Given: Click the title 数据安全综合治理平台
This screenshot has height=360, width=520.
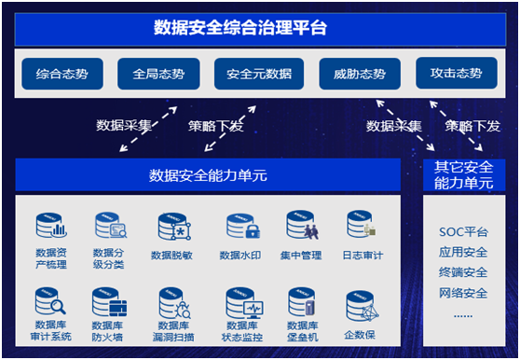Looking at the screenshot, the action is click(x=240, y=27).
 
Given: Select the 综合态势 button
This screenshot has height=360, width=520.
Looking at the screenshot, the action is click(x=62, y=74).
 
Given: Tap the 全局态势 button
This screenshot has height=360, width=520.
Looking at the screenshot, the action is click(x=158, y=74).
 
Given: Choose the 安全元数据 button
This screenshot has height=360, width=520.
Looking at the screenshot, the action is click(x=259, y=74).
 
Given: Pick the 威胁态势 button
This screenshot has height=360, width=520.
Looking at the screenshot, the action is click(x=360, y=74).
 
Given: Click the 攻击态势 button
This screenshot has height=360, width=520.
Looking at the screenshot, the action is click(x=457, y=73).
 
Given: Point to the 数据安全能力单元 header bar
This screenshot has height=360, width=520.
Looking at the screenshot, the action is click(x=208, y=174).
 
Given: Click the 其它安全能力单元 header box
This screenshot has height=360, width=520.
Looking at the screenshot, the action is click(x=464, y=174).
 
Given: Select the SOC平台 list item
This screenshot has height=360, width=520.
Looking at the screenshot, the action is click(x=463, y=232).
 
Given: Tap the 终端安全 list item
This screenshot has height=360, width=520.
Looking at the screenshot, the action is click(x=463, y=272).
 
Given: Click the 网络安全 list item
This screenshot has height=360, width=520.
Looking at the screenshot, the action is click(x=463, y=293).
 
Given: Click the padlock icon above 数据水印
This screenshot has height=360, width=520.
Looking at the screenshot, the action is click(x=253, y=231).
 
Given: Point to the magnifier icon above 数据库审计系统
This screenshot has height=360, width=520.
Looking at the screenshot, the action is click(x=58, y=306).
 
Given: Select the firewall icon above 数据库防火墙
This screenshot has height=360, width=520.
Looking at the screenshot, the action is click(x=118, y=309).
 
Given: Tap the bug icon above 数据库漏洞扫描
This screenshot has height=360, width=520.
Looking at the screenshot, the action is click(x=183, y=310).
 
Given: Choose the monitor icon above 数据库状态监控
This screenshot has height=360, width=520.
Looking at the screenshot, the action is click(x=253, y=309).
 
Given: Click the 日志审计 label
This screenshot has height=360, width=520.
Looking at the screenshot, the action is click(x=363, y=256).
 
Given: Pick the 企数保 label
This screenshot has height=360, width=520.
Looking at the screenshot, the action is click(x=360, y=335).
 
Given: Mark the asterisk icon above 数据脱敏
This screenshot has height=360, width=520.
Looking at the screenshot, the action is click(x=181, y=231).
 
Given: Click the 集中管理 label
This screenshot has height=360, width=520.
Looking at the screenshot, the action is click(x=301, y=256).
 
